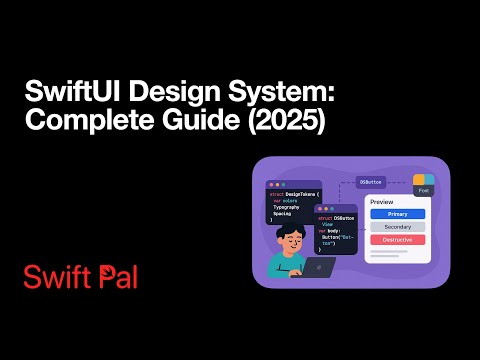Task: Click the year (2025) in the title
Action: pyautogui.click(x=269, y=123)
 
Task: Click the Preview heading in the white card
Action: pyautogui.click(x=382, y=202)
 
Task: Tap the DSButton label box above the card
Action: pyautogui.click(x=371, y=182)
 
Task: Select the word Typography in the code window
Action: pyautogui.click(x=287, y=207)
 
